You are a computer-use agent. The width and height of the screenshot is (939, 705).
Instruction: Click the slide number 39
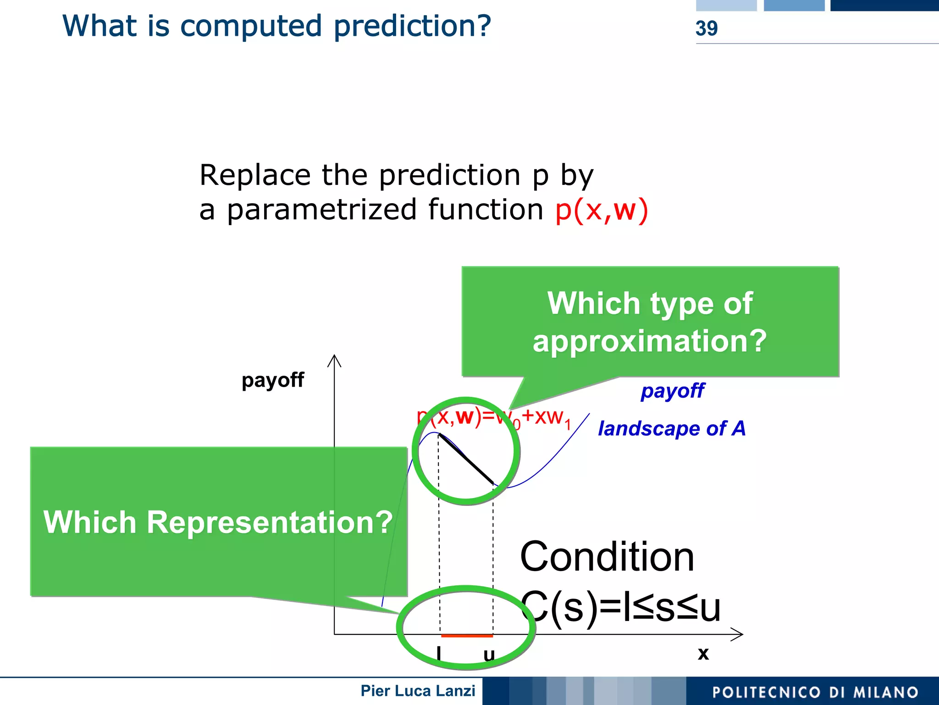pyautogui.click(x=706, y=28)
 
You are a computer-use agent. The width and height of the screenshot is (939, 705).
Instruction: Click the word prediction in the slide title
pyautogui.click(x=412, y=26)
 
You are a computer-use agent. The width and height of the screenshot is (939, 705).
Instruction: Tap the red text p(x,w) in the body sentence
pyautogui.click(x=602, y=211)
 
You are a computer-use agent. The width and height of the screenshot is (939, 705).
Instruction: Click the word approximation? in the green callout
pyautogui.click(x=649, y=342)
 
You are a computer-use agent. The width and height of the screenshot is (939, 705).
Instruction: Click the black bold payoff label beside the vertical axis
pyautogui.click(x=272, y=380)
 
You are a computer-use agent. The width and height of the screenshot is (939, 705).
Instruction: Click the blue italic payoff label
pyautogui.click(x=672, y=391)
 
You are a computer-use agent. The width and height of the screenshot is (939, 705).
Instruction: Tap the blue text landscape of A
pyautogui.click(x=672, y=429)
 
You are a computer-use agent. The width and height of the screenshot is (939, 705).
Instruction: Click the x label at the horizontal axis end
pyautogui.click(x=703, y=654)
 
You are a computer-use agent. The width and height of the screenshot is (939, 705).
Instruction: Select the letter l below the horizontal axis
pyautogui.click(x=439, y=652)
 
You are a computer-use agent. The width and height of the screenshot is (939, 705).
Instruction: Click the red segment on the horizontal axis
pyautogui.click(x=467, y=636)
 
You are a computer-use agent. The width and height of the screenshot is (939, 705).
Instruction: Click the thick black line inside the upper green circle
pyautogui.click(x=466, y=459)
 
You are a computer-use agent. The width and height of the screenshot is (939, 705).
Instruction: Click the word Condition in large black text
pyautogui.click(x=607, y=557)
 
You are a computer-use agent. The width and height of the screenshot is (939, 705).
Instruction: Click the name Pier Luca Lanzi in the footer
pyautogui.click(x=417, y=691)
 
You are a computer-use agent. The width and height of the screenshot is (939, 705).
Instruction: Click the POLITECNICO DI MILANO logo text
pyautogui.click(x=815, y=692)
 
